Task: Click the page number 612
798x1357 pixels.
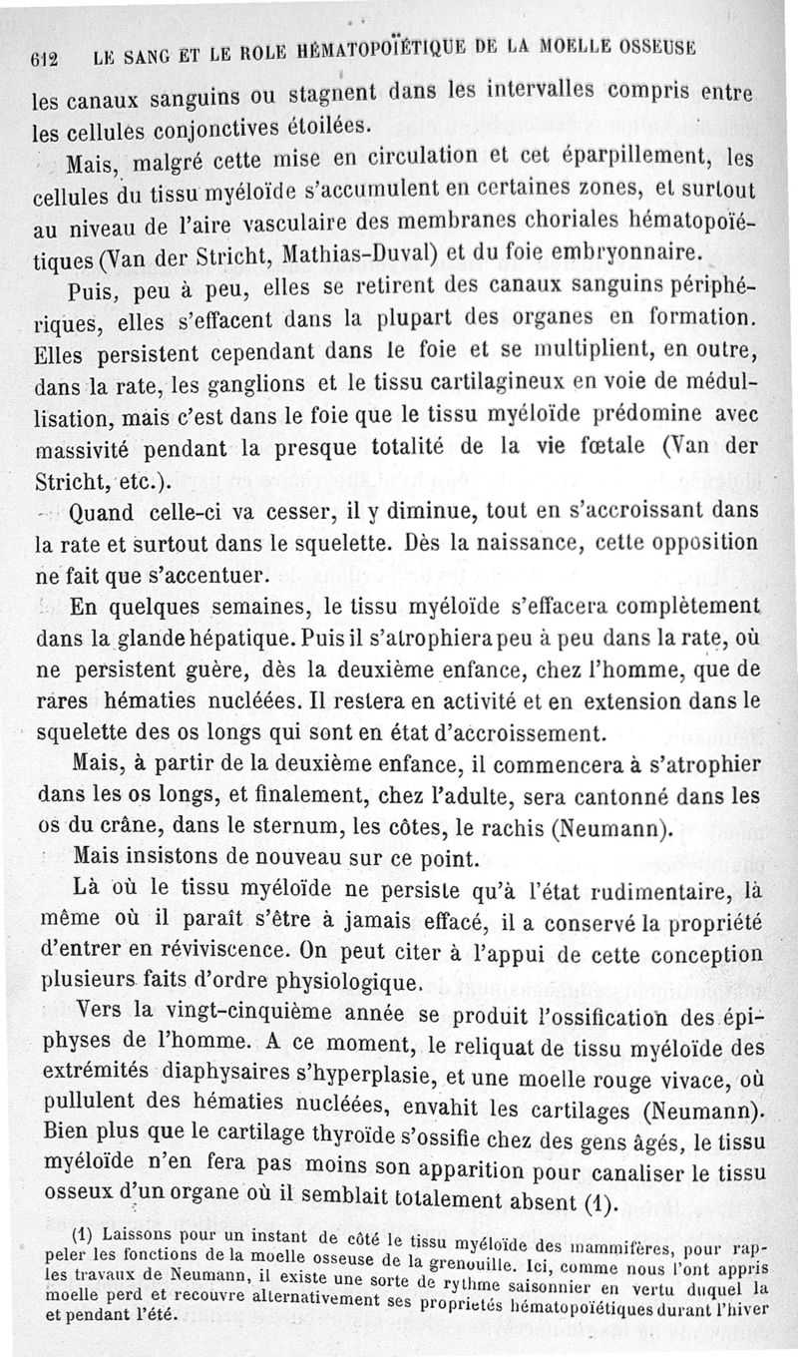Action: [42, 59]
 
